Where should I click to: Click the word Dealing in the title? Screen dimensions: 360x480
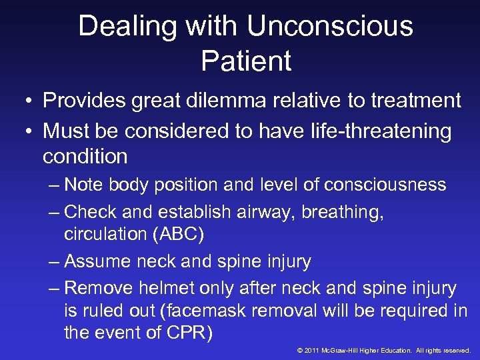[126, 27]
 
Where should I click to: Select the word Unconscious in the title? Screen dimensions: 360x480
[330, 27]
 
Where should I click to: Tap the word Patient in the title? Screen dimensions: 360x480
[246, 61]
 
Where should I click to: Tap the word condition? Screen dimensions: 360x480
[85, 156]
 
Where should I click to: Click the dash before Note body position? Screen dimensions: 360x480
[55, 184]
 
